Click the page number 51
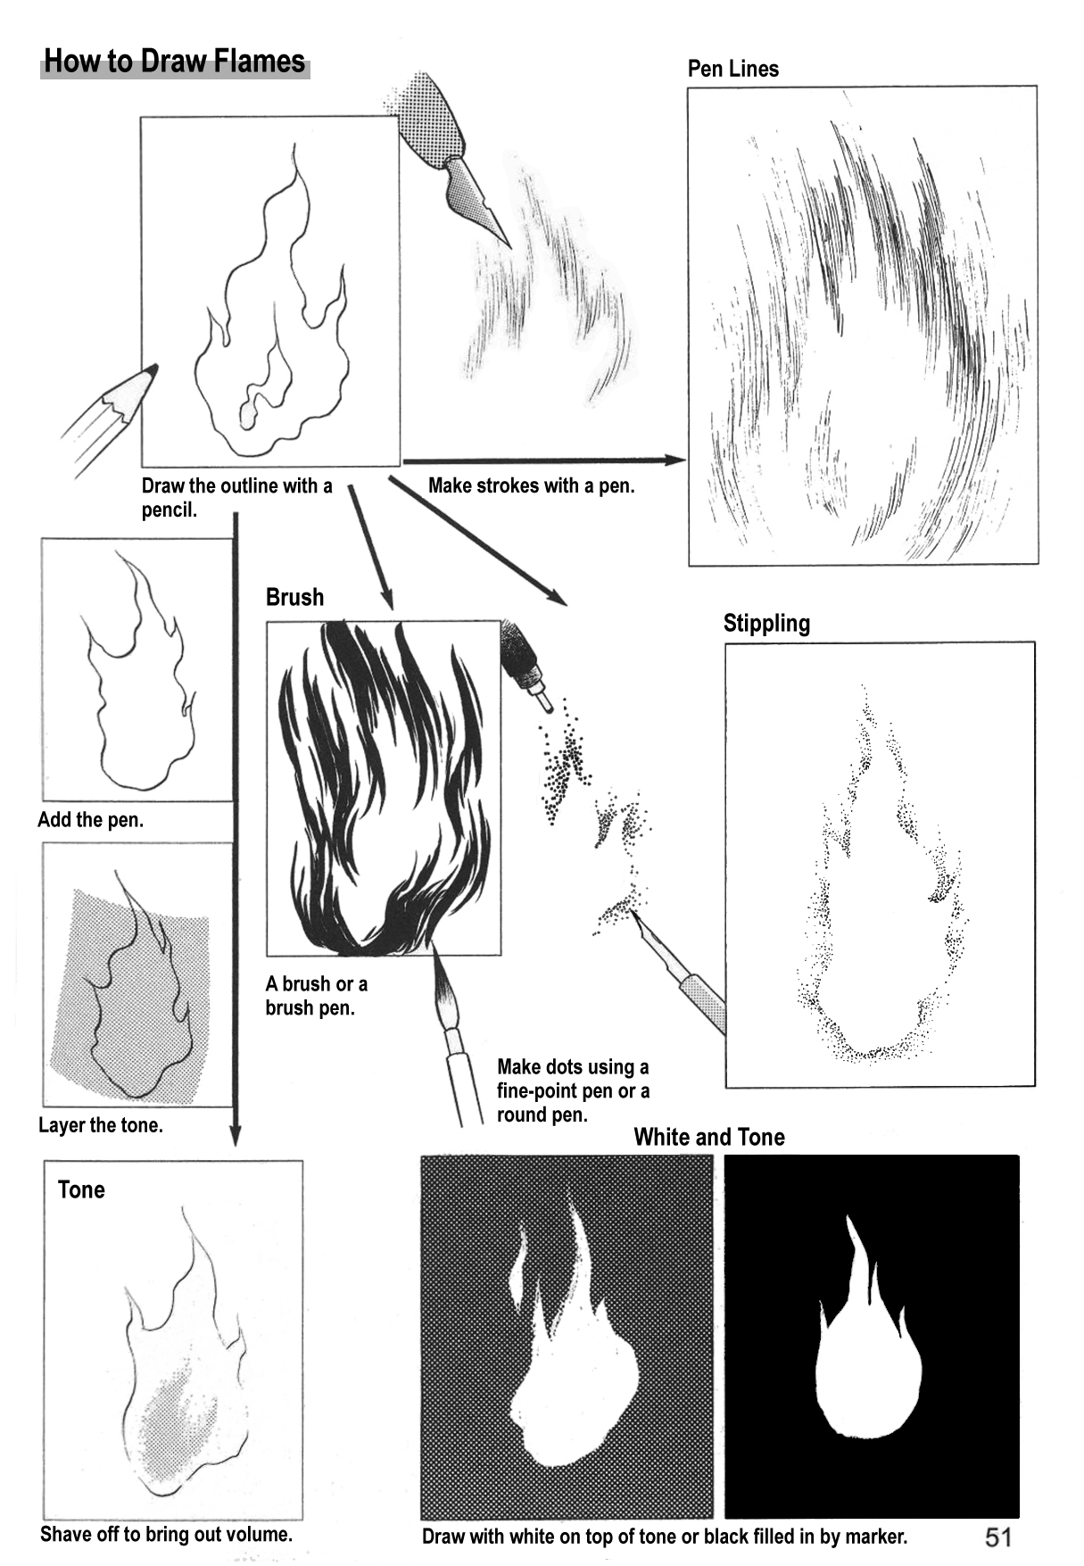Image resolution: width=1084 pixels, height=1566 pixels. [x=998, y=1536]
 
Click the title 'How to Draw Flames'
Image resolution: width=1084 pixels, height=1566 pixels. [x=175, y=62]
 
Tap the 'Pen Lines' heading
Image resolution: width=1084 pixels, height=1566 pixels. [x=732, y=69]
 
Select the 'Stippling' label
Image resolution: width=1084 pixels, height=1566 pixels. [x=766, y=623]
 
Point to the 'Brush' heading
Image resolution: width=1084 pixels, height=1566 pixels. [x=294, y=597]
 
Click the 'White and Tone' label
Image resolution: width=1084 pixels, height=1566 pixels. [x=709, y=1137]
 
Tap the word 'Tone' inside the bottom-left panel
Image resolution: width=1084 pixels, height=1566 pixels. [x=81, y=1189]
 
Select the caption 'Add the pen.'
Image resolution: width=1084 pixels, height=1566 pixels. [x=90, y=820]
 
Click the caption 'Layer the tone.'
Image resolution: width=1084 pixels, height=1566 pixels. [x=101, y=1125]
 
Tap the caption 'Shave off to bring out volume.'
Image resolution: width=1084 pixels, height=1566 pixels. [x=166, y=1534]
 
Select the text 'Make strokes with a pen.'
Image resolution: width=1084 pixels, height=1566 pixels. [x=532, y=485]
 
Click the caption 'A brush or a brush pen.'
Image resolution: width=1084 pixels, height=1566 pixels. [x=317, y=996]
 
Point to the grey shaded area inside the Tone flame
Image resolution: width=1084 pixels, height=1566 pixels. [x=178, y=1419]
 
